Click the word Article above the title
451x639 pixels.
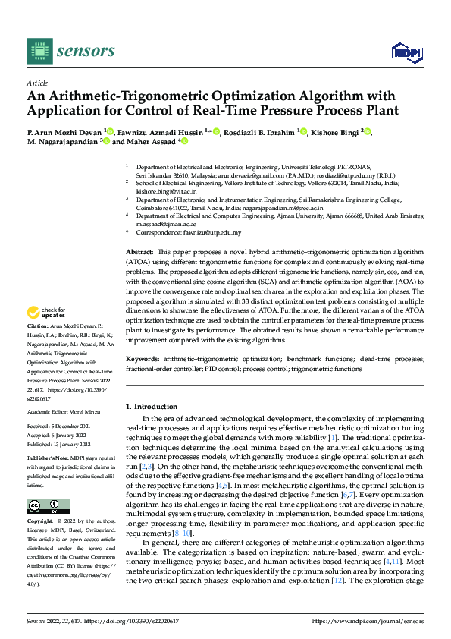click(x=37, y=83)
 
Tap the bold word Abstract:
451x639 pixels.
click(x=139, y=250)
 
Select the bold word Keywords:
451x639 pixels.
click(x=143, y=358)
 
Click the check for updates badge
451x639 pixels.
click(x=48, y=313)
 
